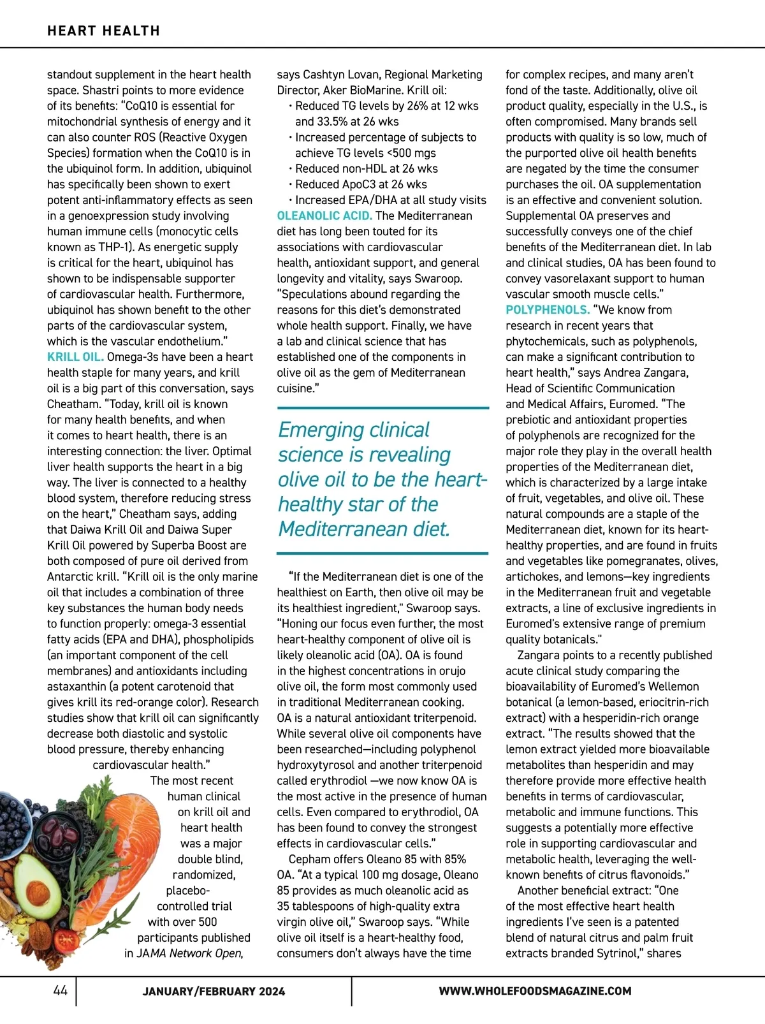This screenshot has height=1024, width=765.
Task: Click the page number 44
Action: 60,991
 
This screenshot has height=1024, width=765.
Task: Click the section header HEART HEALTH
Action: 103,31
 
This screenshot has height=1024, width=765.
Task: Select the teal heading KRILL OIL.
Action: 75,357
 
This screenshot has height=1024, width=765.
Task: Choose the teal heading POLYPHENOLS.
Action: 548,310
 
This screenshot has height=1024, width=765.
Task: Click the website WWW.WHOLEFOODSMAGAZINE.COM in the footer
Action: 535,991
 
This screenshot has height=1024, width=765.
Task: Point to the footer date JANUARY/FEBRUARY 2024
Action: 214,991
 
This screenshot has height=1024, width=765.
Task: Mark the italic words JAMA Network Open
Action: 189,954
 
